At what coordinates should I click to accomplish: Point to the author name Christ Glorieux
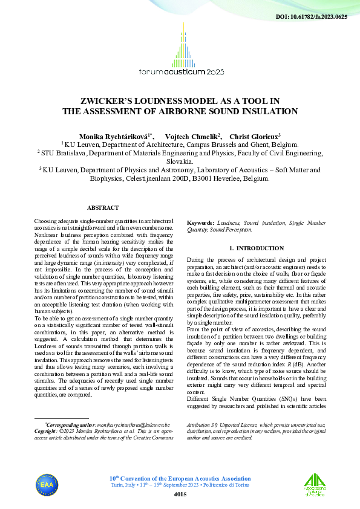click(x=254, y=137)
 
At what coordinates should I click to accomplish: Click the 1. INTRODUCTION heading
click(x=257, y=248)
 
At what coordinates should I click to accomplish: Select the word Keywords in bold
click(x=200, y=223)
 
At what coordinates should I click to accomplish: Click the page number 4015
click(x=180, y=494)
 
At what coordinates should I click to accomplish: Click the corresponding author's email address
click(x=133, y=426)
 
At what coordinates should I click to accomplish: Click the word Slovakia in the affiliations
click(x=179, y=162)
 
